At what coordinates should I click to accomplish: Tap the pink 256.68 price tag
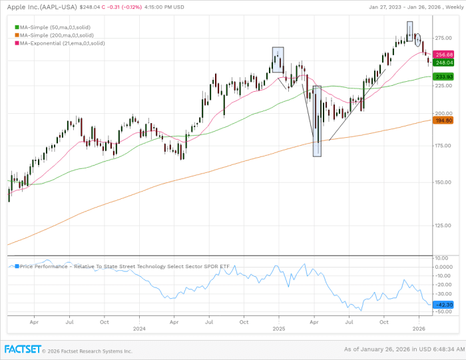click(443, 54)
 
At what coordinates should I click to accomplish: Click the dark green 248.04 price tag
click(443, 63)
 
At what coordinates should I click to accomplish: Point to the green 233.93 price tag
click(443, 77)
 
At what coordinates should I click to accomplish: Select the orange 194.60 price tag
click(443, 120)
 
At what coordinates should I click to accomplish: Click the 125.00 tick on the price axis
click(443, 225)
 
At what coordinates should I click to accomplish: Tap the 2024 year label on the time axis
click(139, 329)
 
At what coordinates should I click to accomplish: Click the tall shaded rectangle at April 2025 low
click(317, 121)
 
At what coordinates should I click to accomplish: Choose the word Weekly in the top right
click(450, 7)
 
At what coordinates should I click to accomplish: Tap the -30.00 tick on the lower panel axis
click(442, 293)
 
